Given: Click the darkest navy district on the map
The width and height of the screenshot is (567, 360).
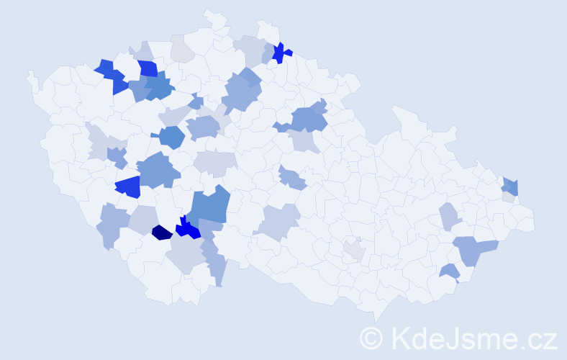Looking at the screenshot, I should [x=162, y=232].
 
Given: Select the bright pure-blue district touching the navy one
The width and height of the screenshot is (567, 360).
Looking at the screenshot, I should [x=189, y=229].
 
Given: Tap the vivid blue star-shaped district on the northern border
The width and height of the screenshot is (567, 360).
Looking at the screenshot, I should [x=280, y=52].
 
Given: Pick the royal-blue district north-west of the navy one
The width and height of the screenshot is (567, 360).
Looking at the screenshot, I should [x=128, y=187].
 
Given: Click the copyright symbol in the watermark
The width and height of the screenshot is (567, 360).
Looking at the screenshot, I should [x=371, y=337].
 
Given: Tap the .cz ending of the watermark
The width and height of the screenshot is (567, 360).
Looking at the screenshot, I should [x=539, y=337].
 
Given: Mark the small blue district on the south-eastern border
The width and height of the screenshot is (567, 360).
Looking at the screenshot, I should [x=450, y=271].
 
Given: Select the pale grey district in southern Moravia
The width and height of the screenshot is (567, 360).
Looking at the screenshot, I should [x=353, y=251].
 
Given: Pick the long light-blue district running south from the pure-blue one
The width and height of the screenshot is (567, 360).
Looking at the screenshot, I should [x=215, y=263].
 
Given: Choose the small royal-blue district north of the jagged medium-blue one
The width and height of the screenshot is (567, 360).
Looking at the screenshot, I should [x=148, y=68].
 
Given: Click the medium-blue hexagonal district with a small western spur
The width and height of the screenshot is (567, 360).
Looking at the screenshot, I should [x=171, y=136].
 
